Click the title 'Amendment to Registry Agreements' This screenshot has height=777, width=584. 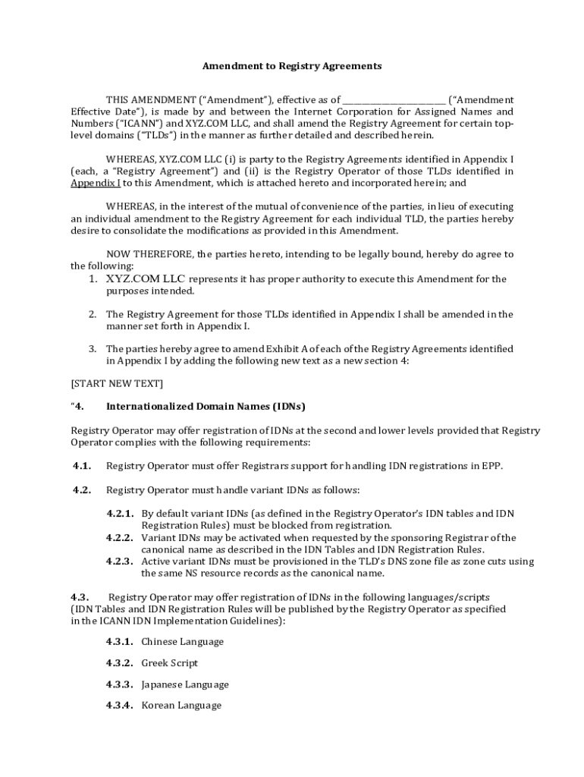(x=291, y=66)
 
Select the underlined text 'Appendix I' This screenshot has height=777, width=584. (x=96, y=183)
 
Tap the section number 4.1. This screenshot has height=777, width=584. (x=82, y=466)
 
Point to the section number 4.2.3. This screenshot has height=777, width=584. (x=120, y=562)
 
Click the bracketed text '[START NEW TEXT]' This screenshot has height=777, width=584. (x=117, y=383)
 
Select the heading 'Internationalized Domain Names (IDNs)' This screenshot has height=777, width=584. (x=206, y=406)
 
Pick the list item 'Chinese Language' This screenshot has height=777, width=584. (x=182, y=642)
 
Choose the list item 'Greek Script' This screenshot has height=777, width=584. (x=169, y=663)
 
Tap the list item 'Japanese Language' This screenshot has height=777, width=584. (x=184, y=684)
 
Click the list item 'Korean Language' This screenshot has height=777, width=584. (x=181, y=706)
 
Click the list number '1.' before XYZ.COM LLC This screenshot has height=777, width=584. (x=92, y=279)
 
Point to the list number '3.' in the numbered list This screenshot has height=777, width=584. (x=92, y=349)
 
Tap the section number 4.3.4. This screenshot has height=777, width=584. (x=120, y=706)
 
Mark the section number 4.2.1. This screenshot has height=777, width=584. (x=120, y=514)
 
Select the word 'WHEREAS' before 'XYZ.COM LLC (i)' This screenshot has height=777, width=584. (x=130, y=159)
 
